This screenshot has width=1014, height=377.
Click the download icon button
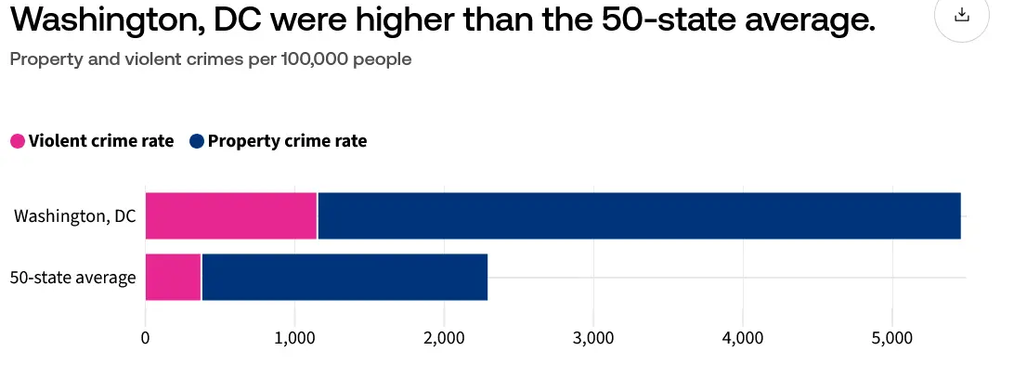(962, 15)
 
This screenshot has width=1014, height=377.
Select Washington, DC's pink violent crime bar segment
(231, 216)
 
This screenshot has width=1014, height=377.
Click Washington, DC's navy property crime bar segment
(639, 216)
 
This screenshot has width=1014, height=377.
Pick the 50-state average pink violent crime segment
(173, 277)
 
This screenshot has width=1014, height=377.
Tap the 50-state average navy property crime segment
(344, 277)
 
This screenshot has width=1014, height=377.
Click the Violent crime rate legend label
(101, 141)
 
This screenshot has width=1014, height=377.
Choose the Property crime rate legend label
(287, 141)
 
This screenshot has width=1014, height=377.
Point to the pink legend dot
(18, 141)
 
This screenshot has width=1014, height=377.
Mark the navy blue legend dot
(196, 141)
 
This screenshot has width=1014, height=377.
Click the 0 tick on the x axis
(146, 338)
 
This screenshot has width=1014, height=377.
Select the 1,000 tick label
(294, 338)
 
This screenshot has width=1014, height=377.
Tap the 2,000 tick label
(444, 338)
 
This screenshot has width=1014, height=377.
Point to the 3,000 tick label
(593, 338)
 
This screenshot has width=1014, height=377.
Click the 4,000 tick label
(743, 338)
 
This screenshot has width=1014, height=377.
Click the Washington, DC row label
(74, 216)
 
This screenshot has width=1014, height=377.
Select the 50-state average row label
(72, 277)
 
